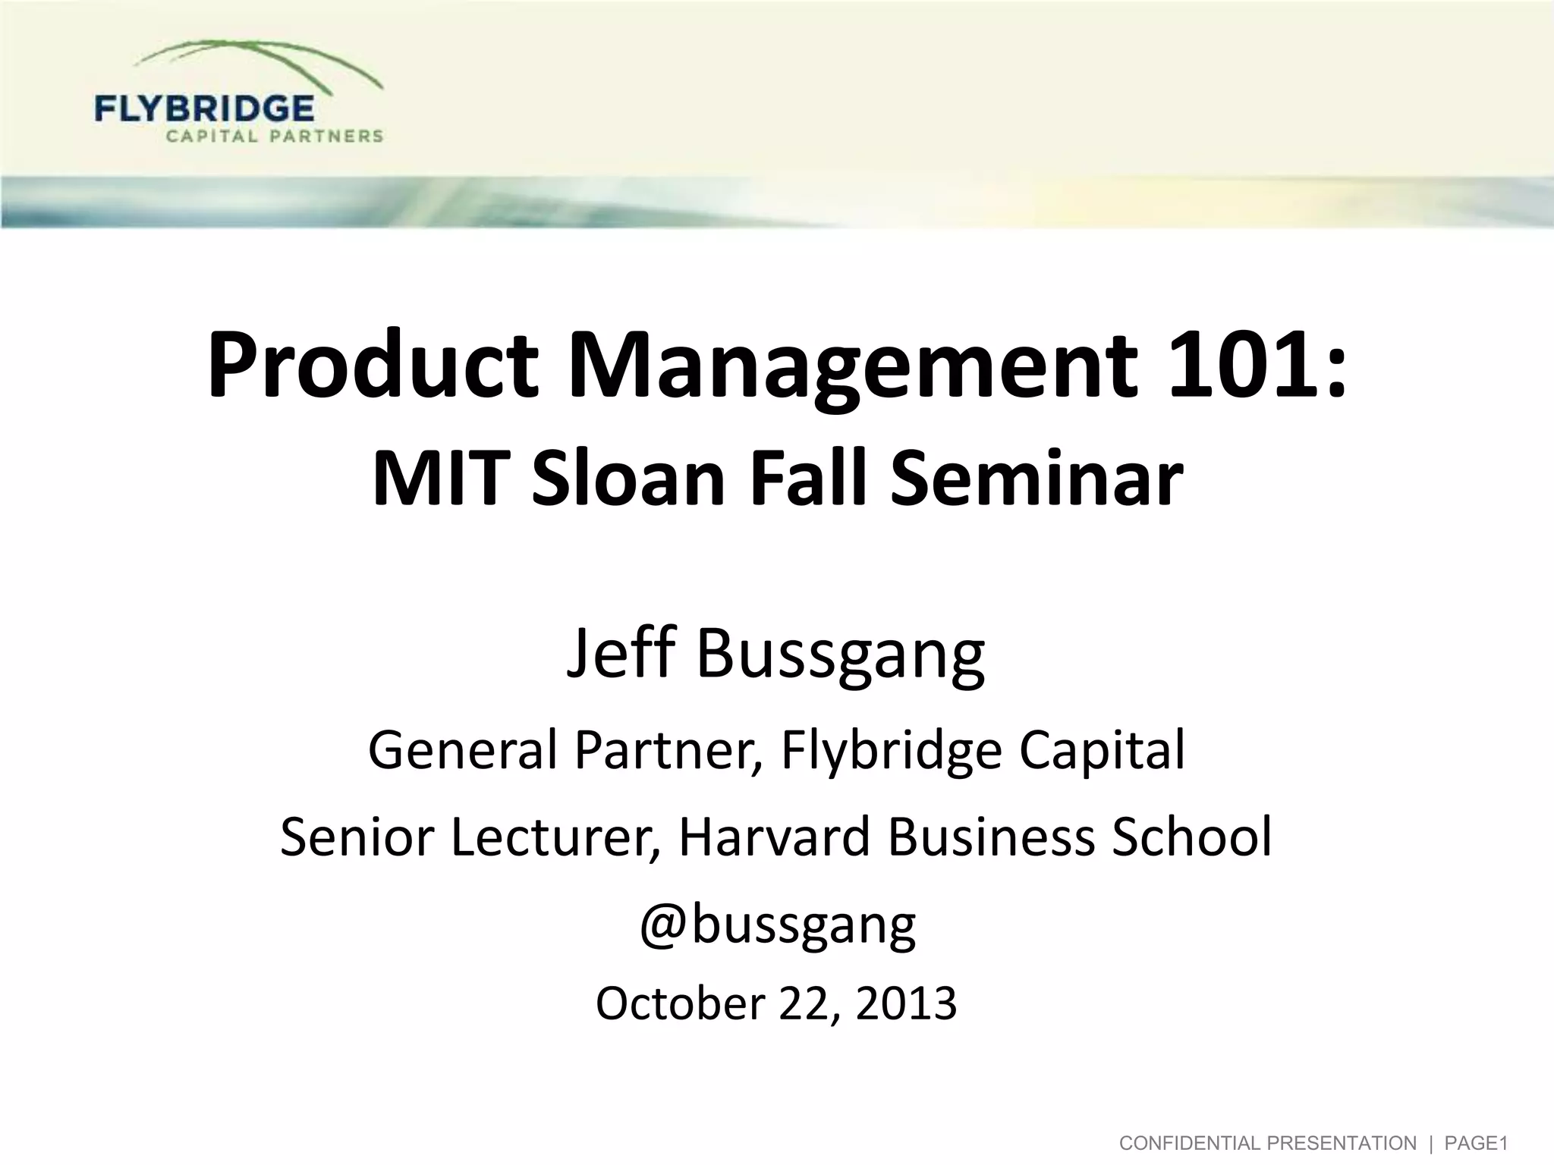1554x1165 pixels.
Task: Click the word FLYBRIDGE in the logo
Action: (204, 108)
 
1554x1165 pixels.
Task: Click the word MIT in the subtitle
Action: (442, 479)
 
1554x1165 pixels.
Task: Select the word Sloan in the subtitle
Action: (629, 479)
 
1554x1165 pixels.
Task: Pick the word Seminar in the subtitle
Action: (1036, 479)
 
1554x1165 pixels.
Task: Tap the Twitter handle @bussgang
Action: (777, 925)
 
